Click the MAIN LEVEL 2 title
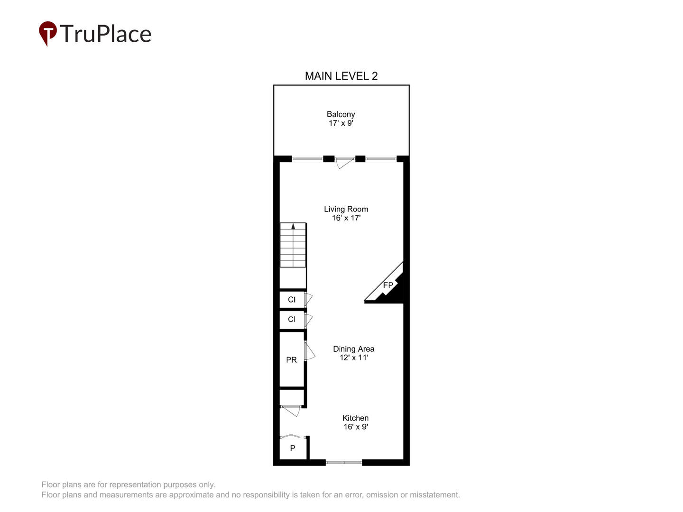pos(341,76)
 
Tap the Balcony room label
pos(341,114)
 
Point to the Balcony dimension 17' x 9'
pos(341,123)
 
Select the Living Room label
pos(346,209)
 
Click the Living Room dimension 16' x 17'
pos(346,218)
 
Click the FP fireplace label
pos(388,285)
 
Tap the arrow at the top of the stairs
pos(293,226)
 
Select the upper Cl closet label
pos(292,299)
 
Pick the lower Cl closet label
pos(292,319)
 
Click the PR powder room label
pos(291,360)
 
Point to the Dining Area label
pos(353,349)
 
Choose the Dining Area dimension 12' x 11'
pos(354,357)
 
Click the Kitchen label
pos(355,418)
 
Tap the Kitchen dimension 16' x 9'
pos(356,427)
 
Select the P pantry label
pos(293,448)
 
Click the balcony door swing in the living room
pos(345,164)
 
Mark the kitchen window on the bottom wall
pos(343,463)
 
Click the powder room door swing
pos(310,351)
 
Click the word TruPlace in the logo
pos(105,34)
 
